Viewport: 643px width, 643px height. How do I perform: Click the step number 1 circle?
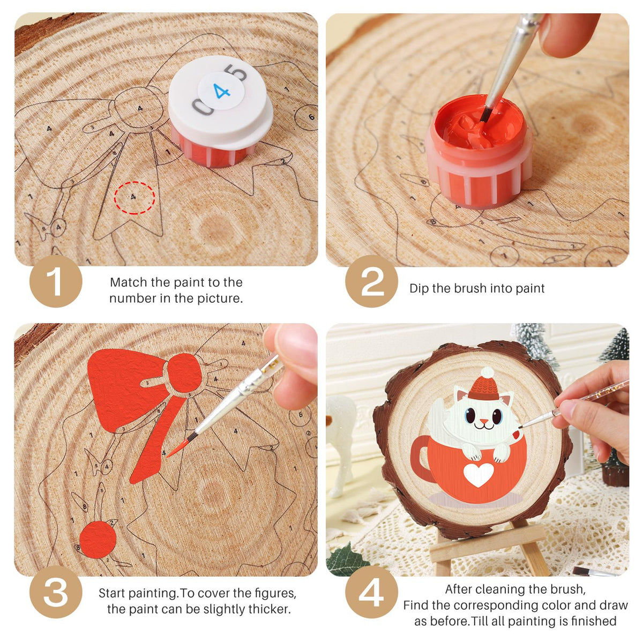56,281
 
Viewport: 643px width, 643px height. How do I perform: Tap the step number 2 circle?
371,281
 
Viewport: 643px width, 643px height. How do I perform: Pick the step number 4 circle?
371,592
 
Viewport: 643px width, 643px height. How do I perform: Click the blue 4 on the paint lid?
222,91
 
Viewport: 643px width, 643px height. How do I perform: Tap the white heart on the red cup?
478,474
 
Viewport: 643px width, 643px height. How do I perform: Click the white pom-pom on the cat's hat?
488,373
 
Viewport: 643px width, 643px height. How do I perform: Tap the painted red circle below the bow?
98,540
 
